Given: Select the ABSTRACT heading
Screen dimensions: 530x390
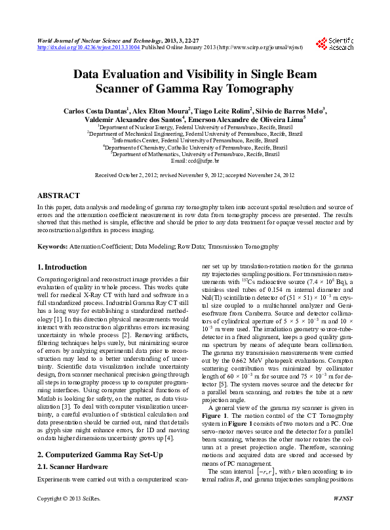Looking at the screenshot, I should (x=58, y=195).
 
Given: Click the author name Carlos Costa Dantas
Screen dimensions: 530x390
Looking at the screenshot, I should (x=100, y=111).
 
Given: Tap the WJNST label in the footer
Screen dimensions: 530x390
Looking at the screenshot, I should (x=342, y=518).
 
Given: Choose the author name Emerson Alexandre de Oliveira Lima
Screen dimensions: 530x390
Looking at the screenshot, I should (x=248, y=120).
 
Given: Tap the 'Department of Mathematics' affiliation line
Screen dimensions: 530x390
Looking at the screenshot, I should (x=195, y=154).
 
